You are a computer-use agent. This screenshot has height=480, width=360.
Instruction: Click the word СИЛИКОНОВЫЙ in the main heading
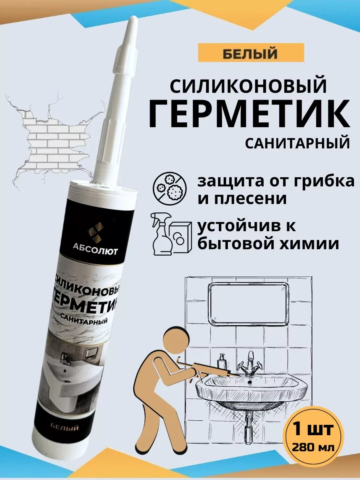(x=248, y=86)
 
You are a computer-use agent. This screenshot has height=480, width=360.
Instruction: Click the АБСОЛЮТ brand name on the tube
(x=95, y=251)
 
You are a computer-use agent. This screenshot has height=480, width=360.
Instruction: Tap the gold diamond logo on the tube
(x=95, y=232)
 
